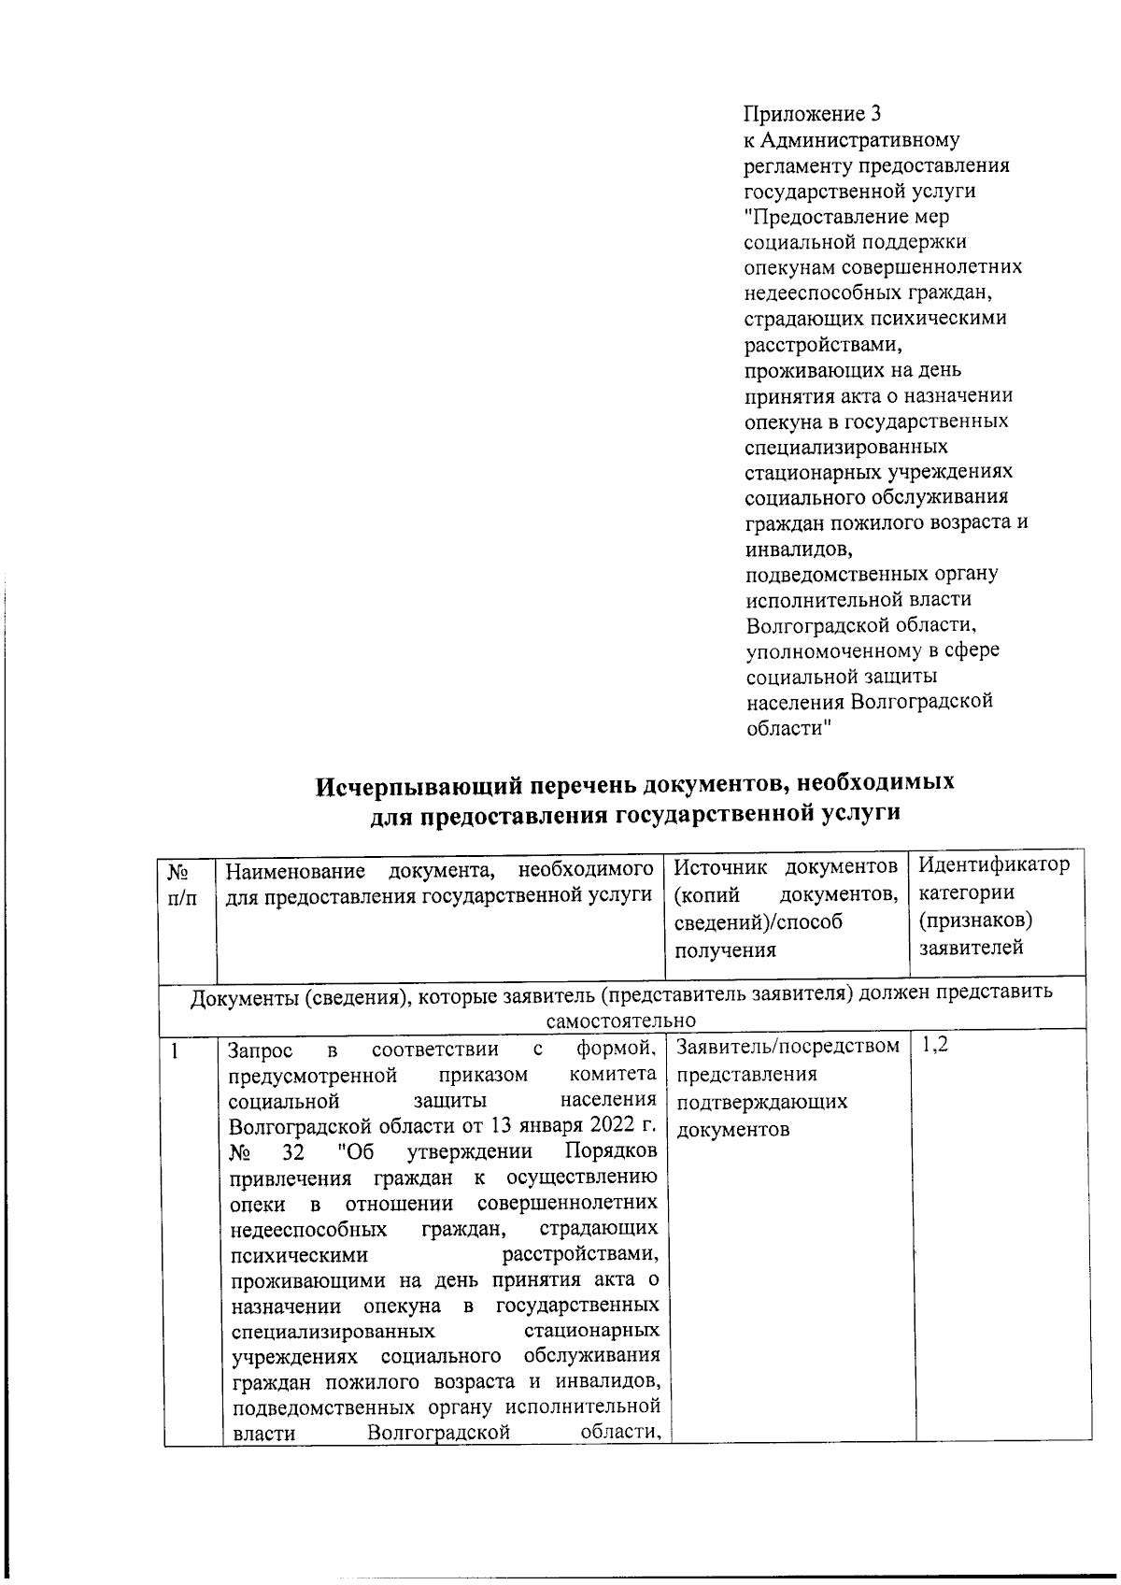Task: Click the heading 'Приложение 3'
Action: click(812, 115)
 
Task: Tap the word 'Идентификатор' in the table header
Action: click(994, 864)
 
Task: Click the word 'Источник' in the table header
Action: click(720, 866)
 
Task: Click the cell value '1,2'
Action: click(934, 1045)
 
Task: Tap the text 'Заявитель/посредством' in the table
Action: click(788, 1046)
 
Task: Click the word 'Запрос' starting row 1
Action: click(262, 1051)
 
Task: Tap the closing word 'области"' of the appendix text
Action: click(788, 727)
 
